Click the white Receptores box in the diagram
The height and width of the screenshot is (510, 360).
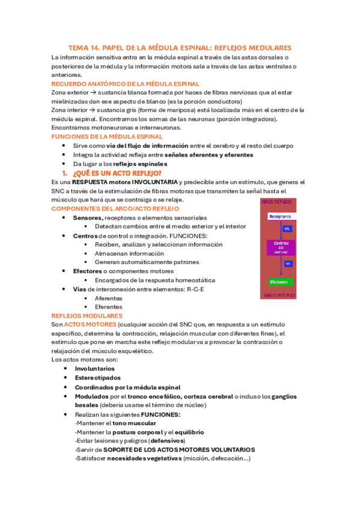point(281,217)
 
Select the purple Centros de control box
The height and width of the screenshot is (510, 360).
point(281,247)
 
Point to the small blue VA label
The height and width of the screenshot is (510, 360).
point(287,229)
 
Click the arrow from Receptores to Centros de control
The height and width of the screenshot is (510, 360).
point(281,230)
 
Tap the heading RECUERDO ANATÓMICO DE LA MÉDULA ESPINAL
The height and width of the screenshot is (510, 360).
point(126,84)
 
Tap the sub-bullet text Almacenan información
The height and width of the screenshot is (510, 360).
point(129,253)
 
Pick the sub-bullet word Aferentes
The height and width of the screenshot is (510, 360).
point(109,298)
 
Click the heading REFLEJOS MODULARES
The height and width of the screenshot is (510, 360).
point(87,316)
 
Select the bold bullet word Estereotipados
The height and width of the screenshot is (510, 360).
point(97,378)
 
